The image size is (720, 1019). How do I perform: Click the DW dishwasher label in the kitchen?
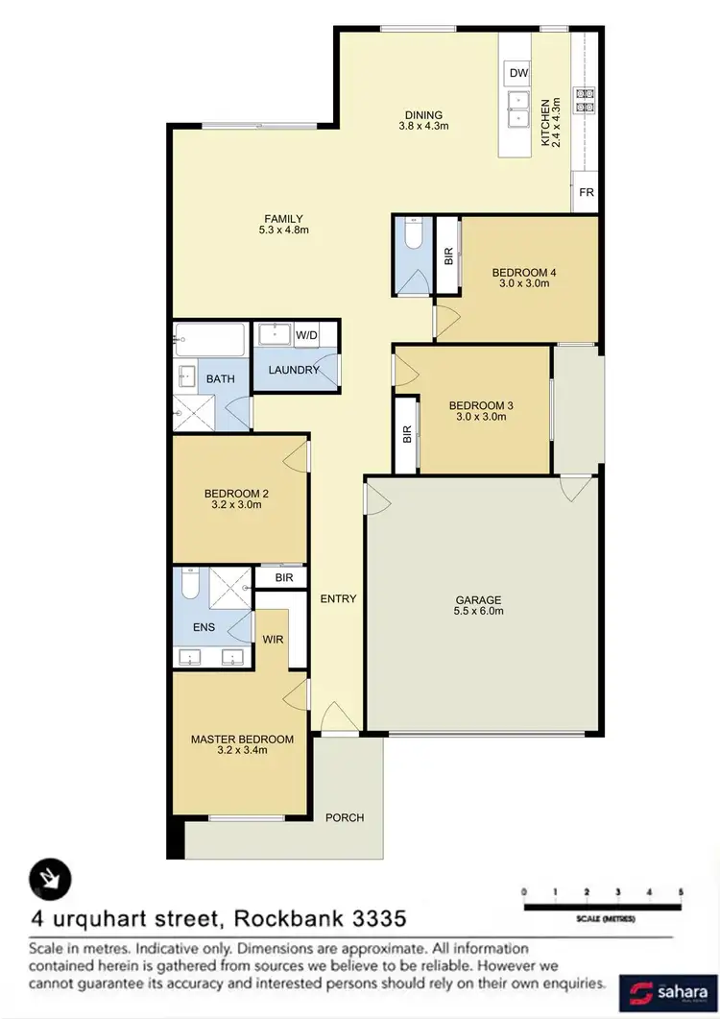[518, 73]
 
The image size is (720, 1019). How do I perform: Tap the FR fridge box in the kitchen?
[586, 192]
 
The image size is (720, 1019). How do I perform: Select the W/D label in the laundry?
[306, 335]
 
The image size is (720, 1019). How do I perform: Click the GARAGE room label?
[479, 600]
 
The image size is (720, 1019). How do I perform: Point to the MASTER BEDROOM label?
[241, 739]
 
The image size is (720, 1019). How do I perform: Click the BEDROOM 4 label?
[523, 272]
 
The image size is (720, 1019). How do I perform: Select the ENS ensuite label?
[204, 628]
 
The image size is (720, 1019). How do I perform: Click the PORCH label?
[345, 817]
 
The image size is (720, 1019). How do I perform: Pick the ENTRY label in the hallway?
[338, 599]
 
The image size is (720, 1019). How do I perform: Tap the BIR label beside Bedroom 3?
[406, 433]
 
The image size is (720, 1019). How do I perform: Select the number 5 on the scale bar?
[680, 892]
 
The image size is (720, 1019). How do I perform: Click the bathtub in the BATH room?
[210, 340]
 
